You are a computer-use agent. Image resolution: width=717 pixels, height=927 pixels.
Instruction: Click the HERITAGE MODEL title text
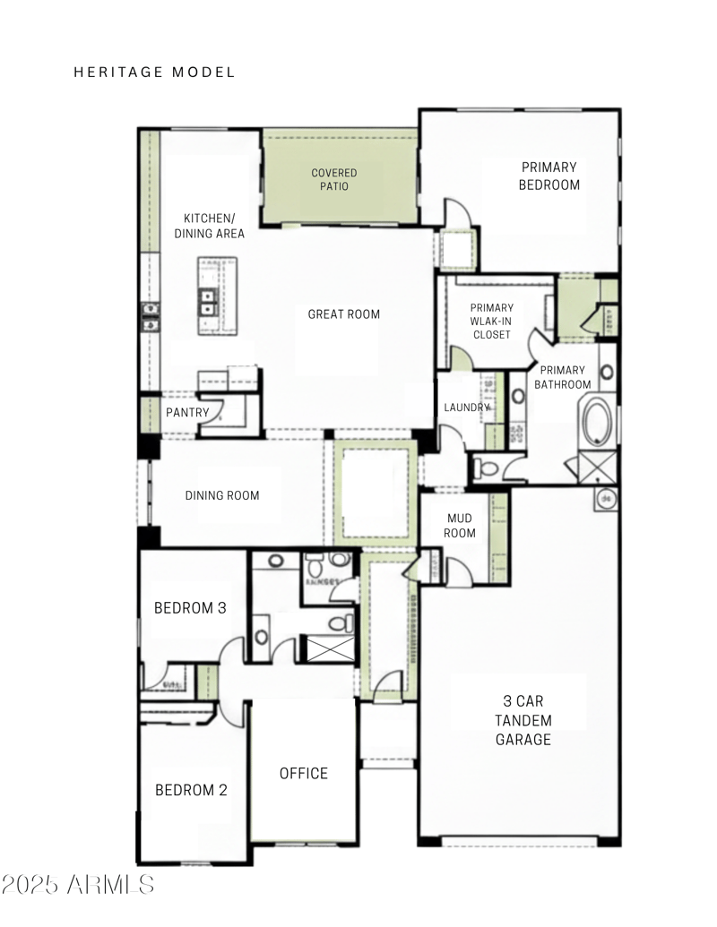tap(154, 72)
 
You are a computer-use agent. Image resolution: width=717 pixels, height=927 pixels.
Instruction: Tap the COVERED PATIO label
tap(333, 179)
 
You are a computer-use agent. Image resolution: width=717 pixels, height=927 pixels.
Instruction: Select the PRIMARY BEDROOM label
tap(549, 176)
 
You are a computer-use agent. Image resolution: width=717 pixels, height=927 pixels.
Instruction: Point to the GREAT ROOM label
tap(343, 313)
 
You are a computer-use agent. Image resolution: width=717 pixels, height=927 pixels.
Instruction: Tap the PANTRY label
tap(187, 412)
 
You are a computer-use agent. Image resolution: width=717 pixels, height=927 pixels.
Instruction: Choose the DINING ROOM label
tap(222, 495)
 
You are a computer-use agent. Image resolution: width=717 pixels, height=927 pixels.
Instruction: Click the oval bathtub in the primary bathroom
tap(598, 423)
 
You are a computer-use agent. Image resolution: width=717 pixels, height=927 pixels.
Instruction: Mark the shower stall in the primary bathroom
tap(596, 468)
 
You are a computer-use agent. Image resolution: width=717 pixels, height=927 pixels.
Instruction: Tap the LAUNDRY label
tap(467, 408)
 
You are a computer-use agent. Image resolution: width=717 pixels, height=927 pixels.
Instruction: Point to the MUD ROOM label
tap(460, 525)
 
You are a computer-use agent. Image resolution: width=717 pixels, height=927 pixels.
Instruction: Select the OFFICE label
tap(303, 773)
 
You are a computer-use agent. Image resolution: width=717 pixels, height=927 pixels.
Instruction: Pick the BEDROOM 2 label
tap(191, 790)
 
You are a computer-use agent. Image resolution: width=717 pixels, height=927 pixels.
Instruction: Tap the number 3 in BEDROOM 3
tap(220, 607)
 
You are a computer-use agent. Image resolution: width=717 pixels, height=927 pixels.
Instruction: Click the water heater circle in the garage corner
tap(606, 498)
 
